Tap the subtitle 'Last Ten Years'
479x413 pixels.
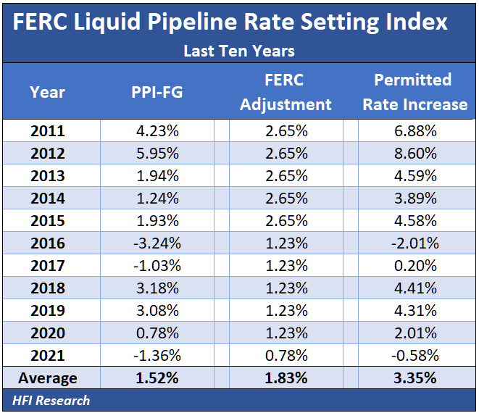click(238, 51)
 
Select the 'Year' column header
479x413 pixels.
click(48, 92)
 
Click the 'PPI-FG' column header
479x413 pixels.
click(157, 92)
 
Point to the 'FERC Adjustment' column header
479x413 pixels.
click(286, 92)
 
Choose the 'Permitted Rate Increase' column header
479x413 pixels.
click(415, 92)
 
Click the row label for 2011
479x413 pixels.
click(48, 131)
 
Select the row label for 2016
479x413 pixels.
click(48, 243)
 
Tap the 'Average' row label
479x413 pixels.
click(48, 378)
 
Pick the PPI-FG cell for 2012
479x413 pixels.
click(157, 154)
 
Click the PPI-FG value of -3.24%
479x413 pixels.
click(157, 243)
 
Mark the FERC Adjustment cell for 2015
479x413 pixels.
click(286, 221)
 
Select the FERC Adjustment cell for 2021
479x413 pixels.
click(286, 356)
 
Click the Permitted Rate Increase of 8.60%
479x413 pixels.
click(415, 154)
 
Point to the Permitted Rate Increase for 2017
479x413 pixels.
click(415, 266)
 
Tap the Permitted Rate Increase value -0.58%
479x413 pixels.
click(415, 356)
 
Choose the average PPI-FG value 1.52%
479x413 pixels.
click(157, 378)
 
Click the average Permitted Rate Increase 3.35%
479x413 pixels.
click(415, 378)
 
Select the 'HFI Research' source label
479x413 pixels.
click(51, 401)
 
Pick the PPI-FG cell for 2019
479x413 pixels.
click(157, 311)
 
